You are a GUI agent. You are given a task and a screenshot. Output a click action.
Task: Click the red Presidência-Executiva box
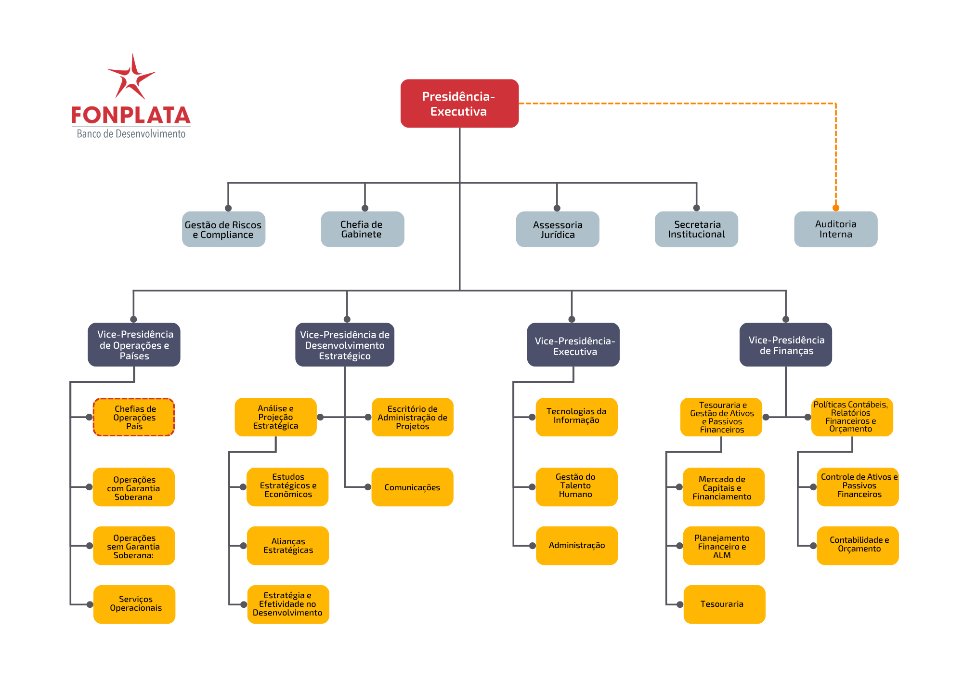point(459,104)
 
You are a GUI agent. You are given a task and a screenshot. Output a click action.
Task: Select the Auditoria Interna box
point(835,229)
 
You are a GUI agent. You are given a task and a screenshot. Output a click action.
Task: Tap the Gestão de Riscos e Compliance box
point(223,229)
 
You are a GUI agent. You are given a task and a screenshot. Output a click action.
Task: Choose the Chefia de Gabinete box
point(363,229)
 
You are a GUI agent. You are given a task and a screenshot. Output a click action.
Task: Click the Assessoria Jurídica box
point(558,229)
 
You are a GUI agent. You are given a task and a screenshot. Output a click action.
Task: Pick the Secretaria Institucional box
point(696,229)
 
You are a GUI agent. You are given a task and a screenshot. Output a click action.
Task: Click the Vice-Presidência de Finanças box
point(786,345)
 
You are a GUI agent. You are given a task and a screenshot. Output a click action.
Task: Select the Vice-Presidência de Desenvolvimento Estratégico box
point(345,345)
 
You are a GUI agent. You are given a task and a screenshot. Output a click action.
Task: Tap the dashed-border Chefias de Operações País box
point(134,417)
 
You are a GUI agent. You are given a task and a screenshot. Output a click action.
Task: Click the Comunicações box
point(413,487)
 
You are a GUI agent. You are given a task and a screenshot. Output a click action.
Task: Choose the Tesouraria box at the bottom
point(724,604)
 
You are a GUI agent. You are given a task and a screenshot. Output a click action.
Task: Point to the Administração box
point(577,546)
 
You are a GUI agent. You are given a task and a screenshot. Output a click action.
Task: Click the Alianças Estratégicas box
point(288,546)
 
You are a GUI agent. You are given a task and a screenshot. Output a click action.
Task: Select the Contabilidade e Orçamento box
point(858,546)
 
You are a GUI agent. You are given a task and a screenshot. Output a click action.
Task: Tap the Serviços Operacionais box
point(134,604)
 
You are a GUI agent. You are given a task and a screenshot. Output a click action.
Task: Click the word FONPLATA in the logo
point(131,116)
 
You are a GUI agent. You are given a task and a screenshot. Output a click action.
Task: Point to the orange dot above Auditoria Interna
point(836,208)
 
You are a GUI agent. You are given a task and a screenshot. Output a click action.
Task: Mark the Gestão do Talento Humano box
point(577,487)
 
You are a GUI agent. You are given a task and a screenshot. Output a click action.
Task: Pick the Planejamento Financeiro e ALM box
point(724,546)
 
